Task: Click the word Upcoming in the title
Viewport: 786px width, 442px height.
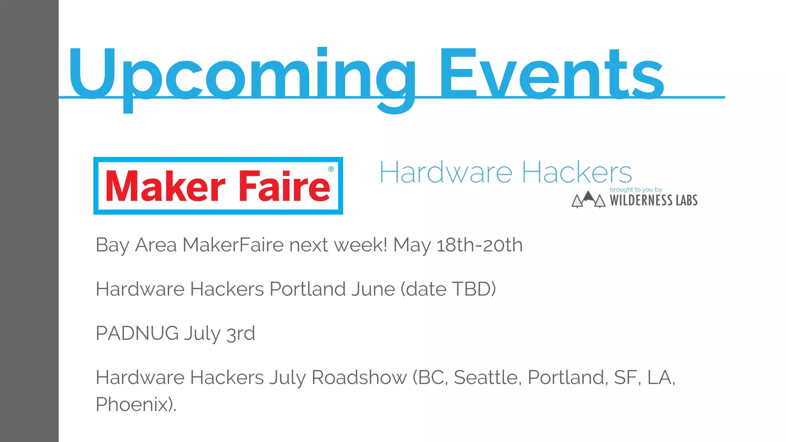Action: point(242,75)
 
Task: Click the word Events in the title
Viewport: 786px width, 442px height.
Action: point(551,75)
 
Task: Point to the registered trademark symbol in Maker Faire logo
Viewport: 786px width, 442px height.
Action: point(331,169)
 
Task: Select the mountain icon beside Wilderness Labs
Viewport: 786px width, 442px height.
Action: point(588,200)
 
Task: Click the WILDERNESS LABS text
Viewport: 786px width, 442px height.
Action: point(654,200)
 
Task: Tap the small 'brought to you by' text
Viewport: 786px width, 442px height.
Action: point(636,190)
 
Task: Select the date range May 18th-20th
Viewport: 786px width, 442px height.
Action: point(457,245)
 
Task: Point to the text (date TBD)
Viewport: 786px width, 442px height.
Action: point(448,289)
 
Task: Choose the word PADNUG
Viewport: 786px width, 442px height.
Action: point(137,333)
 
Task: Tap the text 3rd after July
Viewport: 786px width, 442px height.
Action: point(241,333)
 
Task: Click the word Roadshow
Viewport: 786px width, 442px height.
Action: point(359,378)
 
